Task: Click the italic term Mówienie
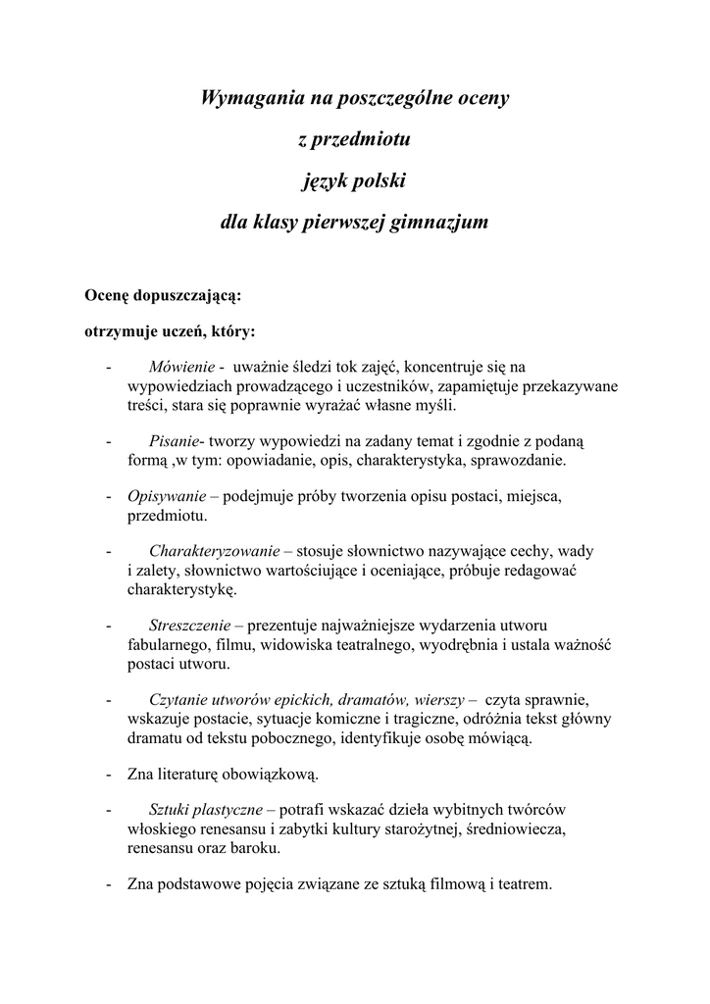(x=181, y=367)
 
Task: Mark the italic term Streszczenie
(x=190, y=625)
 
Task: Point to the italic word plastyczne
(x=227, y=811)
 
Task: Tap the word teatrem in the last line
(x=526, y=884)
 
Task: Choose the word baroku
(x=254, y=848)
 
